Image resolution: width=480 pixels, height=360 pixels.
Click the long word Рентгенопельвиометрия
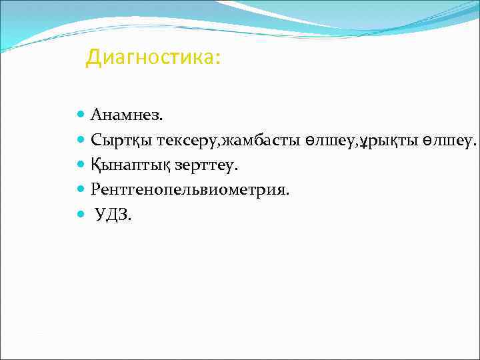pyautogui.click(x=190, y=190)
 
